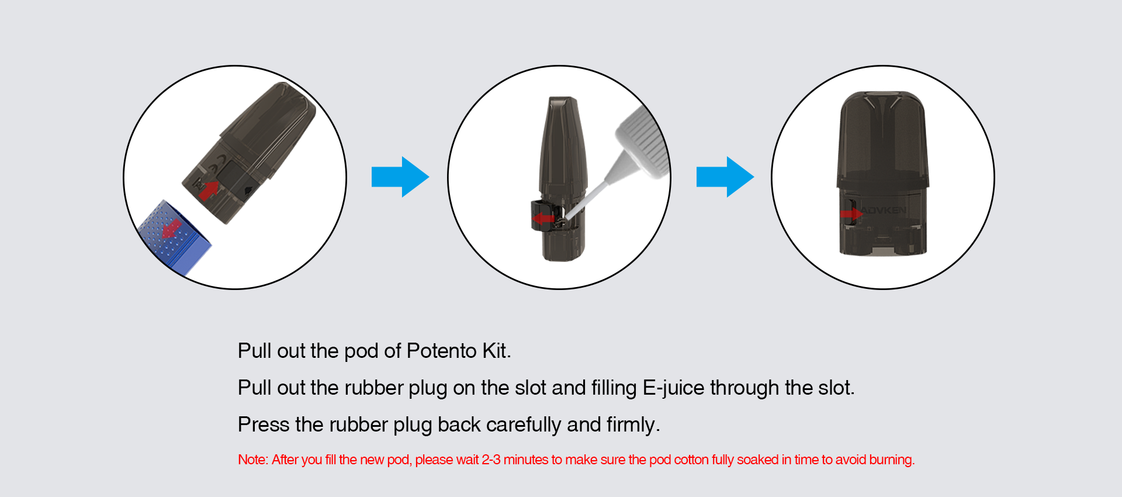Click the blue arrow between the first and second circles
click(400, 177)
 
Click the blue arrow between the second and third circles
click(725, 177)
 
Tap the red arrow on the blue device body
click(171, 229)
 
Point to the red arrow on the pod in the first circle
click(208, 189)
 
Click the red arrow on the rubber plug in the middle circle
click(543, 219)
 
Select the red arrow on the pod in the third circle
click(851, 214)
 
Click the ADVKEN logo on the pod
click(884, 210)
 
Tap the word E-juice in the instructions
click(674, 388)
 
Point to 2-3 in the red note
click(491, 460)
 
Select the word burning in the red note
click(892, 460)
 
